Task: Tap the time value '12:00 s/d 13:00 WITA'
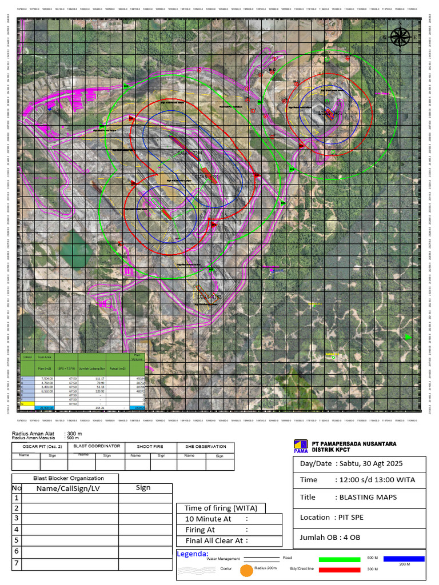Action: [374, 480]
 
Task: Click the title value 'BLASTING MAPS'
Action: [368, 497]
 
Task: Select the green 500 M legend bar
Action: [340, 559]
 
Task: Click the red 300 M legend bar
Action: [340, 569]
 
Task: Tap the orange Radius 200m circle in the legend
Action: [246, 570]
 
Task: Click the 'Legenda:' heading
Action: [193, 554]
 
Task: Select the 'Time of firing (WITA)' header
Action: [221, 508]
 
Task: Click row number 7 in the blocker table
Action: [17, 563]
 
